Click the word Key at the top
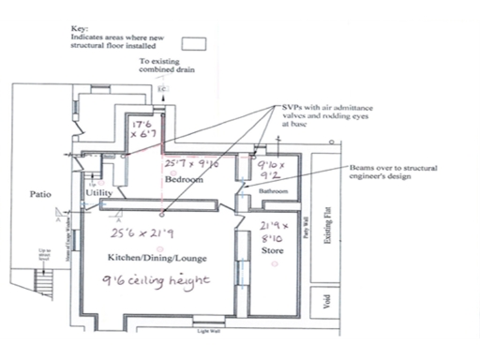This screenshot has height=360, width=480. coord(78,29)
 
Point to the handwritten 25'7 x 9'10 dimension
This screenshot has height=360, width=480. coord(191,164)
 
